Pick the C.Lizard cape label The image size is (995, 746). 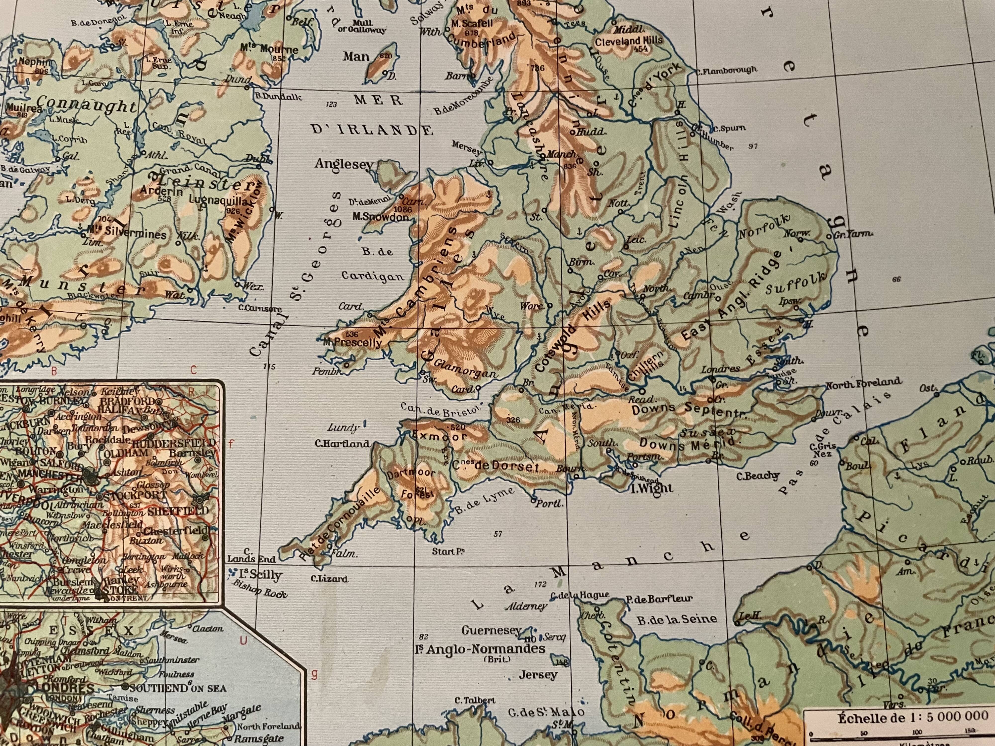(x=329, y=579)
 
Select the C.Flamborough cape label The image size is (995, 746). (x=726, y=71)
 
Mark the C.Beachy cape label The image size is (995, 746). (x=758, y=476)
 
